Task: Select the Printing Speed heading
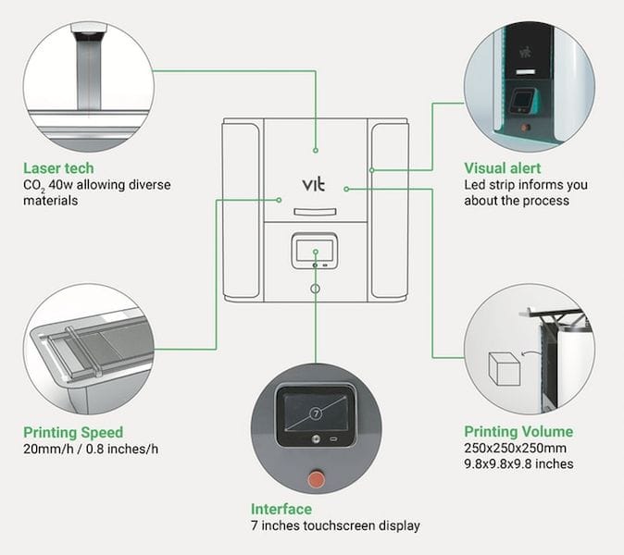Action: [73, 432]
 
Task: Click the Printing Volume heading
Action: [518, 431]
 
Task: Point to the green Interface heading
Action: [281, 510]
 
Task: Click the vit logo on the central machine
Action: [314, 183]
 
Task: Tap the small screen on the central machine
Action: [316, 251]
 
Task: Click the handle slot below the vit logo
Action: [315, 212]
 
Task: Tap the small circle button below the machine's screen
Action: [316, 289]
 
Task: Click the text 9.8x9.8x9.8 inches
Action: [518, 463]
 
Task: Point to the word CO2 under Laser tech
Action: [35, 186]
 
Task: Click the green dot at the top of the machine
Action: [316, 149]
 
